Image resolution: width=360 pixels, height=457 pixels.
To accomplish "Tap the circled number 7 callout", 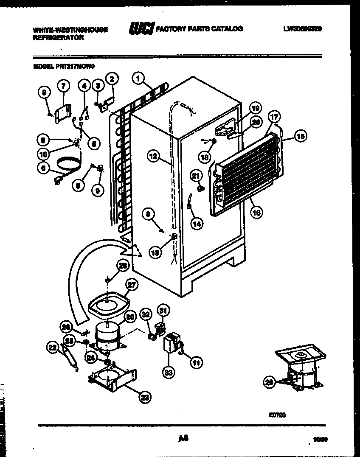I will pos(63,86).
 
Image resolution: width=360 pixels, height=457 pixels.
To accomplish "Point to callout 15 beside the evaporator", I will pos(300,136).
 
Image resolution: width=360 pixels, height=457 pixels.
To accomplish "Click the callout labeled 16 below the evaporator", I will pos(256,213).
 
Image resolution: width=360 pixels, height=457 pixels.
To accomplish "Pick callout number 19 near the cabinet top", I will pos(254,108).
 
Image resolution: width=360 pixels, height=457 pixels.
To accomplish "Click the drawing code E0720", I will pos(277,415).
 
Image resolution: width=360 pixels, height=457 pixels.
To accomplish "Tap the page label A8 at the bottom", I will pos(183,438).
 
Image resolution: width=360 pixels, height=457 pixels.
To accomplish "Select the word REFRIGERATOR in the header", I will pos(58,37).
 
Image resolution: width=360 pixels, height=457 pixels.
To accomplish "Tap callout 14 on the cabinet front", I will pos(197,224).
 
